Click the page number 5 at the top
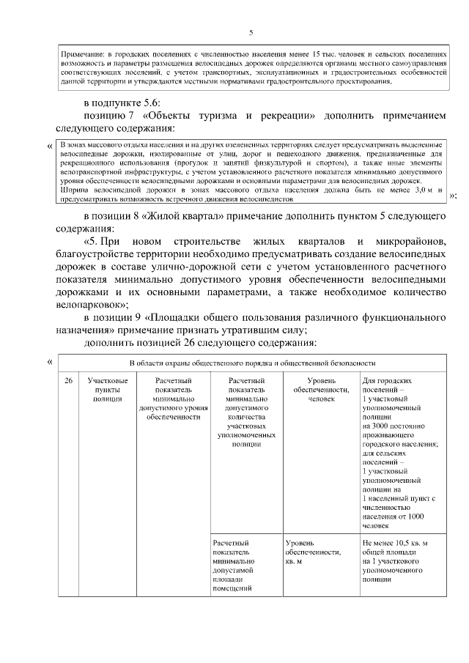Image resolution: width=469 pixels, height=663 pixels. point(251,32)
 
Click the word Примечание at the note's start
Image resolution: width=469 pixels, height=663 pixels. point(81,54)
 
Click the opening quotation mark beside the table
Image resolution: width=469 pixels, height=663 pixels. point(50,361)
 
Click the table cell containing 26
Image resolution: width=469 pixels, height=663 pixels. point(68,381)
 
